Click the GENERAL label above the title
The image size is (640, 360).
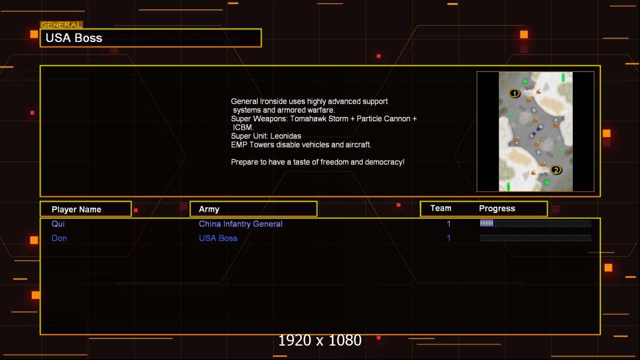(x=61, y=25)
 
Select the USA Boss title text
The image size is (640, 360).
(x=74, y=38)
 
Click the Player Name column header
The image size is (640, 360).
(x=76, y=209)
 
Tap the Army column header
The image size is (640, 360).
(x=209, y=209)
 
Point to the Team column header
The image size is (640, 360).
(x=441, y=208)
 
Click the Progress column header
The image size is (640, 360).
(x=497, y=208)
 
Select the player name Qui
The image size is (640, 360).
(x=58, y=224)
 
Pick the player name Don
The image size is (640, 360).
(x=59, y=238)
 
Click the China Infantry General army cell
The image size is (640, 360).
(x=240, y=224)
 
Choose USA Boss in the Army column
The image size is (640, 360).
(x=218, y=238)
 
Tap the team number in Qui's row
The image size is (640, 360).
(x=448, y=224)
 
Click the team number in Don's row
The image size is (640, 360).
(x=448, y=238)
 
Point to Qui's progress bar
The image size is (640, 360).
(x=536, y=223)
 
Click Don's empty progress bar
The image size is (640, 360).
(x=536, y=238)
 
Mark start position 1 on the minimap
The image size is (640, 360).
(x=515, y=94)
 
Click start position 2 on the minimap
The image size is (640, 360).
(x=555, y=170)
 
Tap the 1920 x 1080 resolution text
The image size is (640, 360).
(x=319, y=340)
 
